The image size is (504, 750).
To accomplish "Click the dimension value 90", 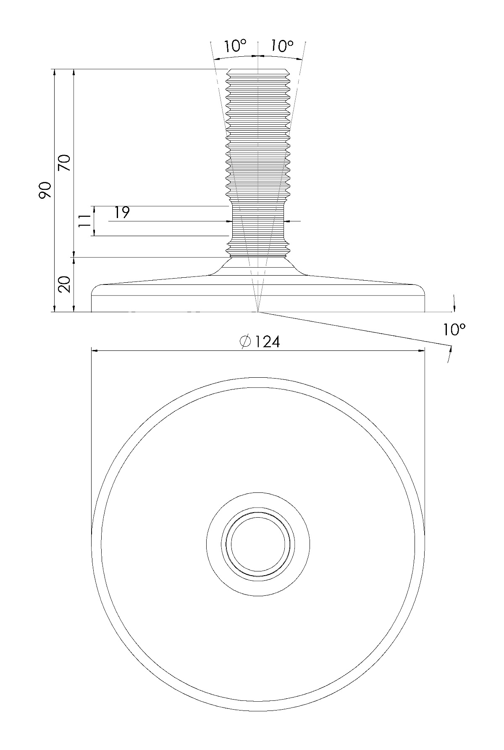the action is [45, 191].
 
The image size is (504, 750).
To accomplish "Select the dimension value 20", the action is [65, 284].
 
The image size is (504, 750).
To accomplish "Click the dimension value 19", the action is [122, 213].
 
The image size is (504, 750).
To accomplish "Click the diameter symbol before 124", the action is [246, 342].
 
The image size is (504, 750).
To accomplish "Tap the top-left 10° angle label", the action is [234, 45].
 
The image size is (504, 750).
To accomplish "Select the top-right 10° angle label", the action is [282, 45].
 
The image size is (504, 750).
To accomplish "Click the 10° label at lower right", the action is [454, 330].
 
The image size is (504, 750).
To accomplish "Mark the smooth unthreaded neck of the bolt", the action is [258, 221].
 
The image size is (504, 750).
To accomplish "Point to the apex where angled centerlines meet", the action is [258, 312].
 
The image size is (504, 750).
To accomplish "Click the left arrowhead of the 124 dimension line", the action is [95, 350].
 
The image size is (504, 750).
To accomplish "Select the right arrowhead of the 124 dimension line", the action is [421, 350].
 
